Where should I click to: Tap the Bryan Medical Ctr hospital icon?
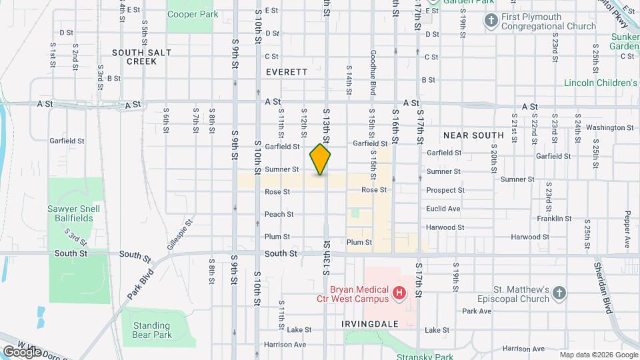pyautogui.click(x=399, y=292)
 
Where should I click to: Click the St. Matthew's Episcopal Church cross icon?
pyautogui.click(x=559, y=292)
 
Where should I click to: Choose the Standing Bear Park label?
pyautogui.click(x=152, y=330)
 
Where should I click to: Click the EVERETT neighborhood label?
pyautogui.click(x=287, y=72)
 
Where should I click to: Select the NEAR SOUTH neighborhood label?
pyautogui.click(x=473, y=135)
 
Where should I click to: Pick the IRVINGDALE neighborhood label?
pyautogui.click(x=370, y=324)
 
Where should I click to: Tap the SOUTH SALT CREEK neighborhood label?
pyautogui.click(x=134, y=57)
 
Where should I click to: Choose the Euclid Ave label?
pyautogui.click(x=443, y=209)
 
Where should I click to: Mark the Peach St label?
pyautogui.click(x=279, y=214)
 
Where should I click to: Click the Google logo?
pyautogui.click(x=22, y=351)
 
